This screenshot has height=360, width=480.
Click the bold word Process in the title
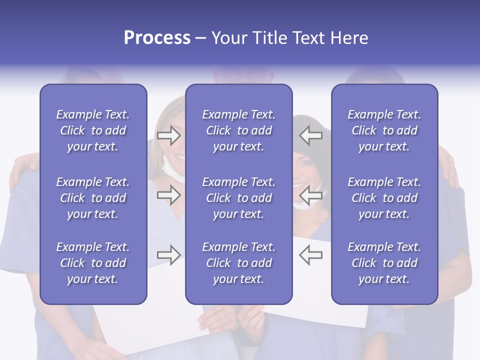(157, 38)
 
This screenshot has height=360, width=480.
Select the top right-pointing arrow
(168, 135)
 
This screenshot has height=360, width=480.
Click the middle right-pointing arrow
(168, 195)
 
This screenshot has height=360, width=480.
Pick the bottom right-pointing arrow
(168, 255)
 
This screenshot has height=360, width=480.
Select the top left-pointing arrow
(310, 135)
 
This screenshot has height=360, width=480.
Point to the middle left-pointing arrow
(310, 195)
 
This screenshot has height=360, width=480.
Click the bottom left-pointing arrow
(310, 255)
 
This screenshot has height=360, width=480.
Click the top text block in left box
(93, 130)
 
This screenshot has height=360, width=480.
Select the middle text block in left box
(93, 198)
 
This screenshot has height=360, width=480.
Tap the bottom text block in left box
(93, 263)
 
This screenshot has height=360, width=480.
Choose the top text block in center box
(238, 130)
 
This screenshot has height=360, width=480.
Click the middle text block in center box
(238, 198)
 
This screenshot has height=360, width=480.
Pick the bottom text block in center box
(238, 263)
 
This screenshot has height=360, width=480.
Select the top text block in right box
(384, 130)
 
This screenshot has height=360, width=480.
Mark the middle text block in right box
(384, 198)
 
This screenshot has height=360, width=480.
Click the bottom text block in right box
(384, 263)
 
